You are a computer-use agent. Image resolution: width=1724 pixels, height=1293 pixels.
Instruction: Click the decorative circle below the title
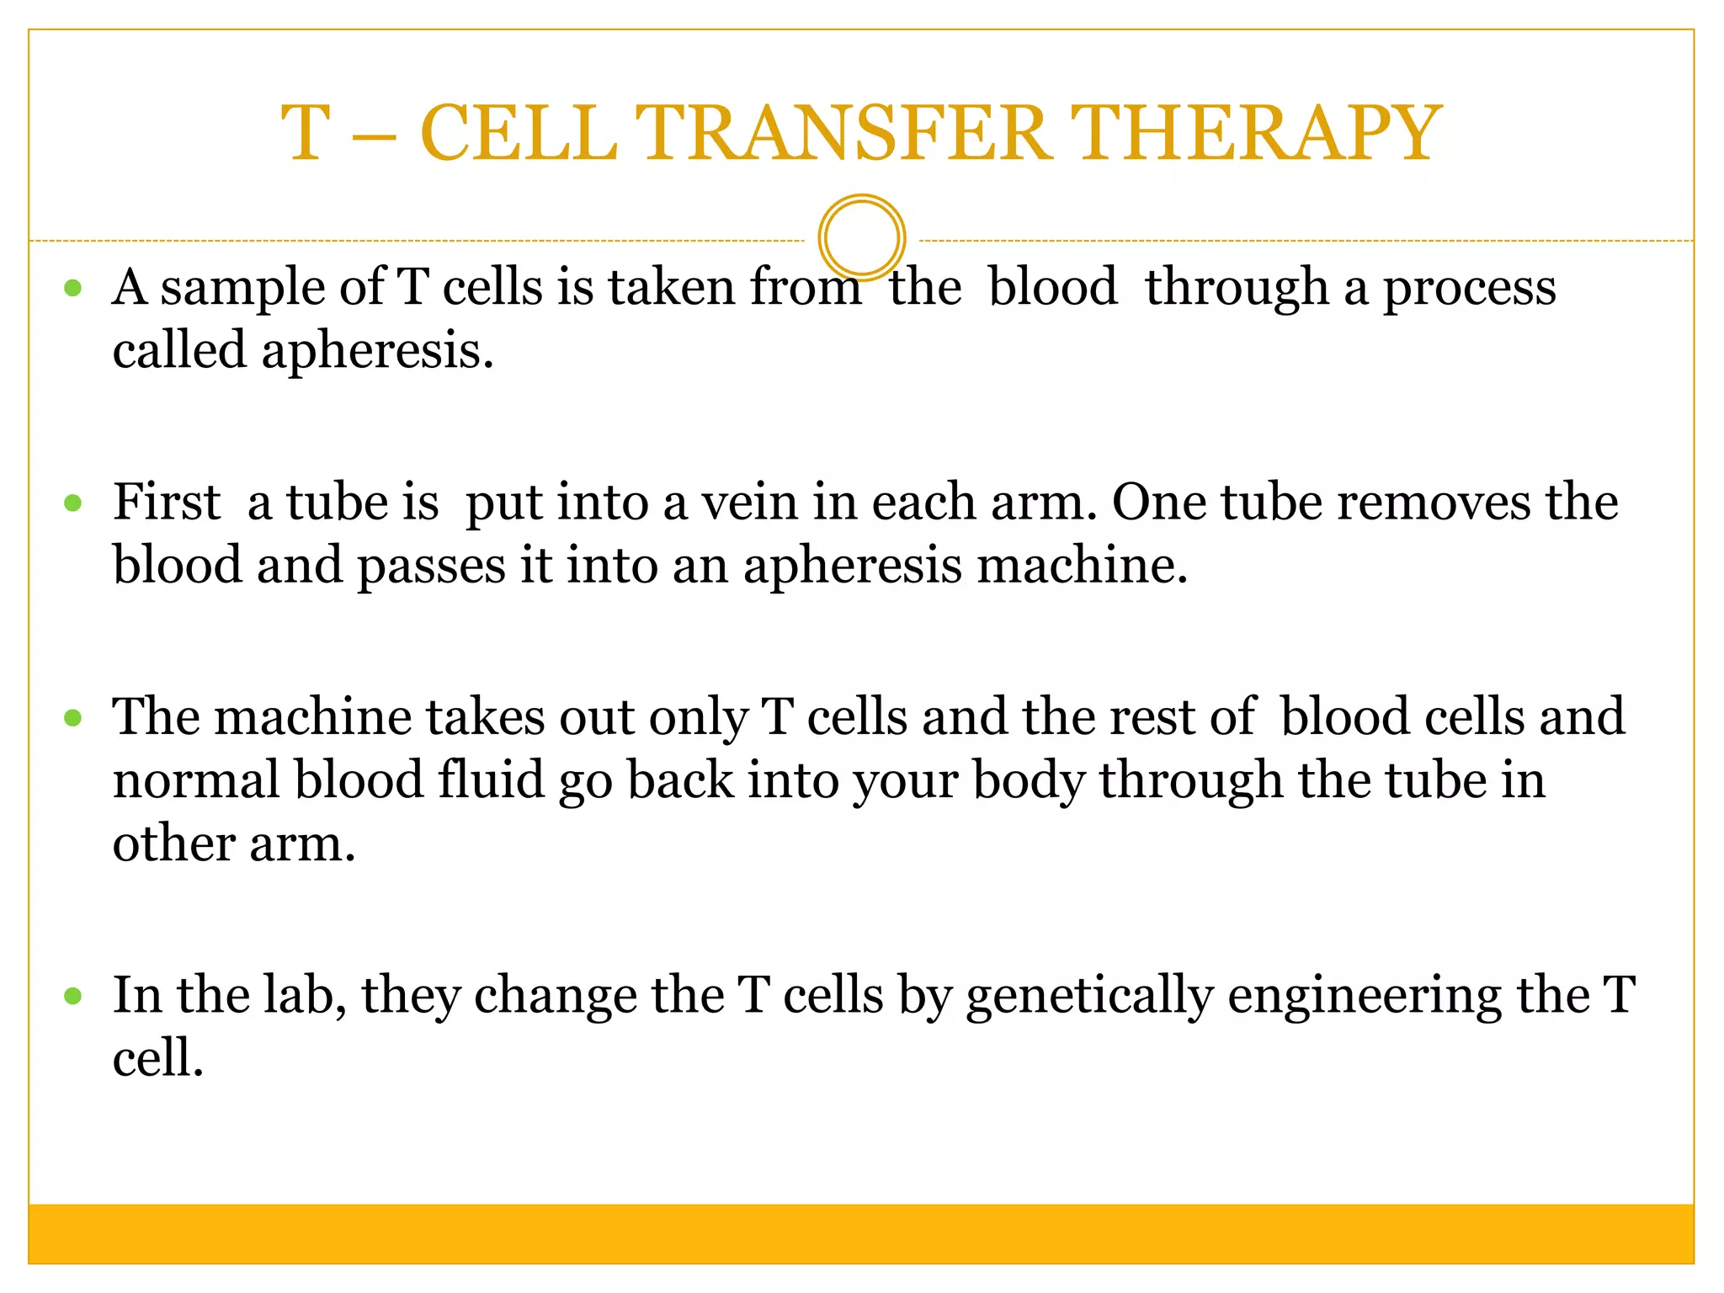[861, 237]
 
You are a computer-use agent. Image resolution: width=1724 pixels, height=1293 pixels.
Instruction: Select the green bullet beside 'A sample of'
[73, 289]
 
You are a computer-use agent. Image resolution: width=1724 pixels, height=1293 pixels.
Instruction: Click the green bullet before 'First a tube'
[73, 503]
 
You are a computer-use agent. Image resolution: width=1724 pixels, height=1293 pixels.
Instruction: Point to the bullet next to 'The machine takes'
[73, 718]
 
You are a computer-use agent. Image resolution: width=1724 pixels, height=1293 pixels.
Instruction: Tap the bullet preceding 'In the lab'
[73, 996]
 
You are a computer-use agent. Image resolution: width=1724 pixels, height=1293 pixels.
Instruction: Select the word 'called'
[179, 350]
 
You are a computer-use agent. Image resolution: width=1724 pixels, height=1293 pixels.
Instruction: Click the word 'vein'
[750, 503]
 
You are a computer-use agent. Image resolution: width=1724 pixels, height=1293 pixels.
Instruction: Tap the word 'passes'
[431, 567]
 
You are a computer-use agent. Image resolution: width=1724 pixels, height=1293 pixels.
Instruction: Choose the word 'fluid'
[491, 780]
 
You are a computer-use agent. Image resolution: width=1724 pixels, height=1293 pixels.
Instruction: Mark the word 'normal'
[196, 780]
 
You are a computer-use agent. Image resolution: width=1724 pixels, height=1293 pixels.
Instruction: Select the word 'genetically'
[1089, 997]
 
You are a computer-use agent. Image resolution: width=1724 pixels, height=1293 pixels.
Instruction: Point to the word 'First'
[167, 503]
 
